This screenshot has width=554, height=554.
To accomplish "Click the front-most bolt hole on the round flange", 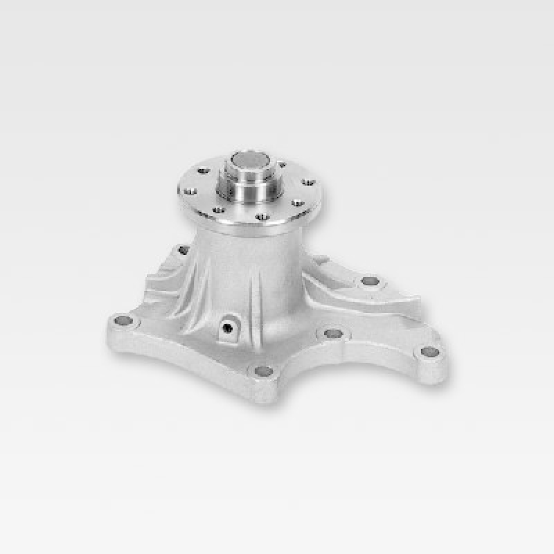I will [x=260, y=217].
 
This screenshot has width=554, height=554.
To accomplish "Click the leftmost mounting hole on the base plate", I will [x=123, y=321].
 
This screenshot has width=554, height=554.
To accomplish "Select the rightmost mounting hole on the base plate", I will [x=428, y=352].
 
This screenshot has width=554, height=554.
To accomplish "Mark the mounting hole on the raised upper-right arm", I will [x=370, y=281].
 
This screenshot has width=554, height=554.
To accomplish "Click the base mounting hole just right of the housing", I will [x=333, y=334].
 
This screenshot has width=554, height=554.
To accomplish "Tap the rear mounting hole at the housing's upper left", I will [x=183, y=250].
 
